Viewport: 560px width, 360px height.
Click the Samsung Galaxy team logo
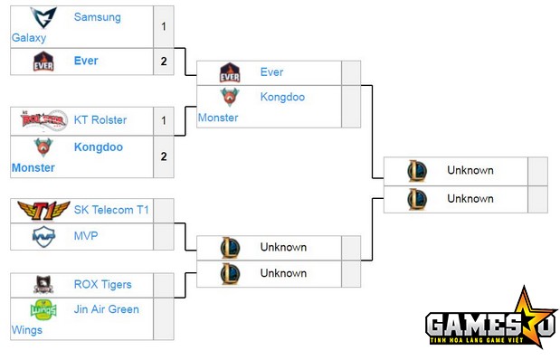[43, 17]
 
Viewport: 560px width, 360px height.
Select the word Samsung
[97, 17]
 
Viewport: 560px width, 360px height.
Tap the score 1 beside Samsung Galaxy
[164, 26]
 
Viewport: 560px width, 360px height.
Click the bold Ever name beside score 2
[87, 62]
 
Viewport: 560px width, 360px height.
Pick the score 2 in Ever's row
[164, 62]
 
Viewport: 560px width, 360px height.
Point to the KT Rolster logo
[43, 119]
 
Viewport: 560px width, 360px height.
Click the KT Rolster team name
[100, 119]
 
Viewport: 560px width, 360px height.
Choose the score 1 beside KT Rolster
[164, 119]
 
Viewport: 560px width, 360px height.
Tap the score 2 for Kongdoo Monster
[164, 156]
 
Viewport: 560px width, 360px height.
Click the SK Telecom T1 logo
[43, 210]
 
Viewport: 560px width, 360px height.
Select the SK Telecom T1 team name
[111, 210]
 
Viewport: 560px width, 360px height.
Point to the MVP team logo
[43, 236]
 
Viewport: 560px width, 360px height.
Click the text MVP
[86, 236]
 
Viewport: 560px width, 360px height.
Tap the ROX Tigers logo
[43, 285]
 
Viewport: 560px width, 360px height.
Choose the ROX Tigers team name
[103, 285]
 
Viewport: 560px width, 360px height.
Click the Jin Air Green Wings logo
[43, 310]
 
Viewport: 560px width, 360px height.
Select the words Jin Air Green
[107, 309]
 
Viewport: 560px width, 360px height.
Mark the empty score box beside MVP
[164, 236]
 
